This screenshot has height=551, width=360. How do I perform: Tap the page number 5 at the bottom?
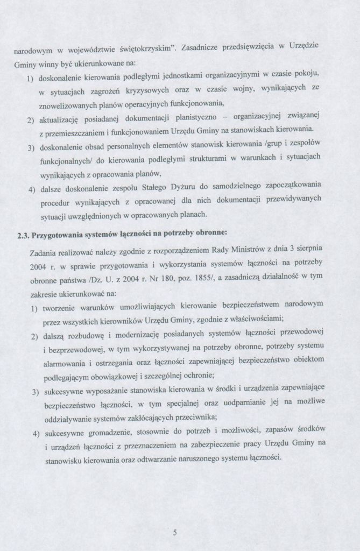(x=175, y=533)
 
